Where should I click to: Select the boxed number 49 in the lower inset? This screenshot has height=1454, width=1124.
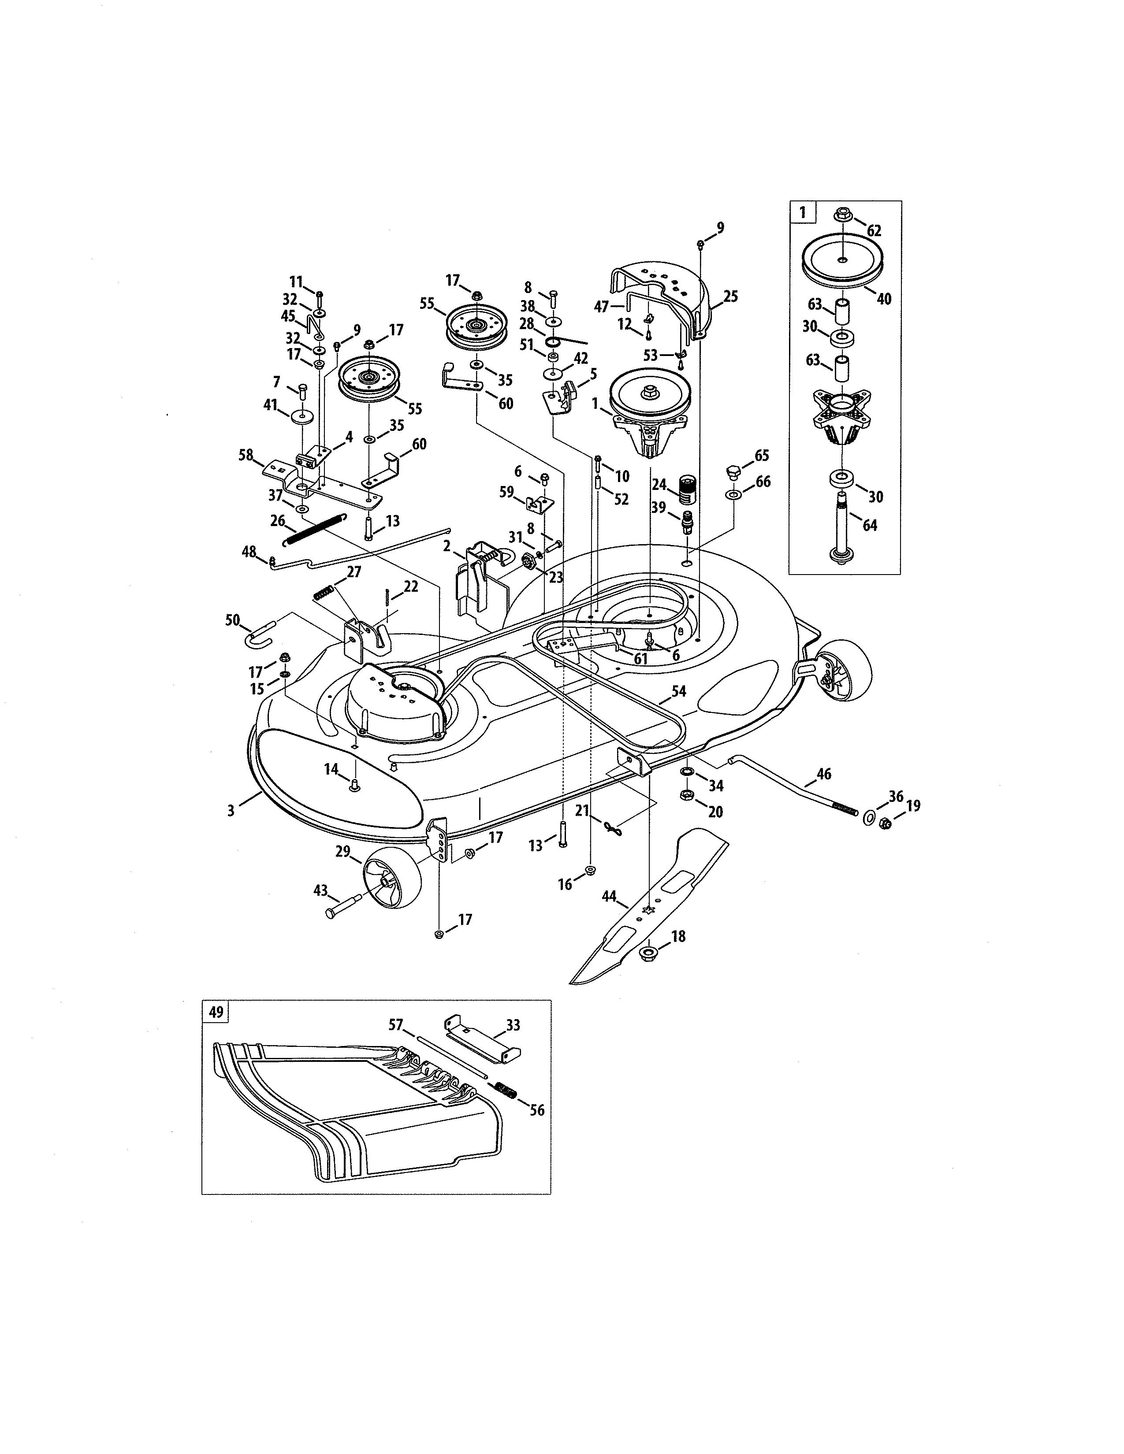coord(216,1012)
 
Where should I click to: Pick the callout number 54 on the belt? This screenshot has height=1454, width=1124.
coord(678,692)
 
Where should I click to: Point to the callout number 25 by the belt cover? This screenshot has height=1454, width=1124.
coord(730,296)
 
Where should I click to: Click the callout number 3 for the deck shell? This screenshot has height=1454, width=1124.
coord(231,811)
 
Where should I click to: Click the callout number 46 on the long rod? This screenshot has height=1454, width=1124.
coord(824,774)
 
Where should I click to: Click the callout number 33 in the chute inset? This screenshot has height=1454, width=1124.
coord(513,1025)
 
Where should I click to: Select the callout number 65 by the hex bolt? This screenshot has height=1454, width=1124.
coord(761,456)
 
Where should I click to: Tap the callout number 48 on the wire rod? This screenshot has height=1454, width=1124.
coord(248,551)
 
